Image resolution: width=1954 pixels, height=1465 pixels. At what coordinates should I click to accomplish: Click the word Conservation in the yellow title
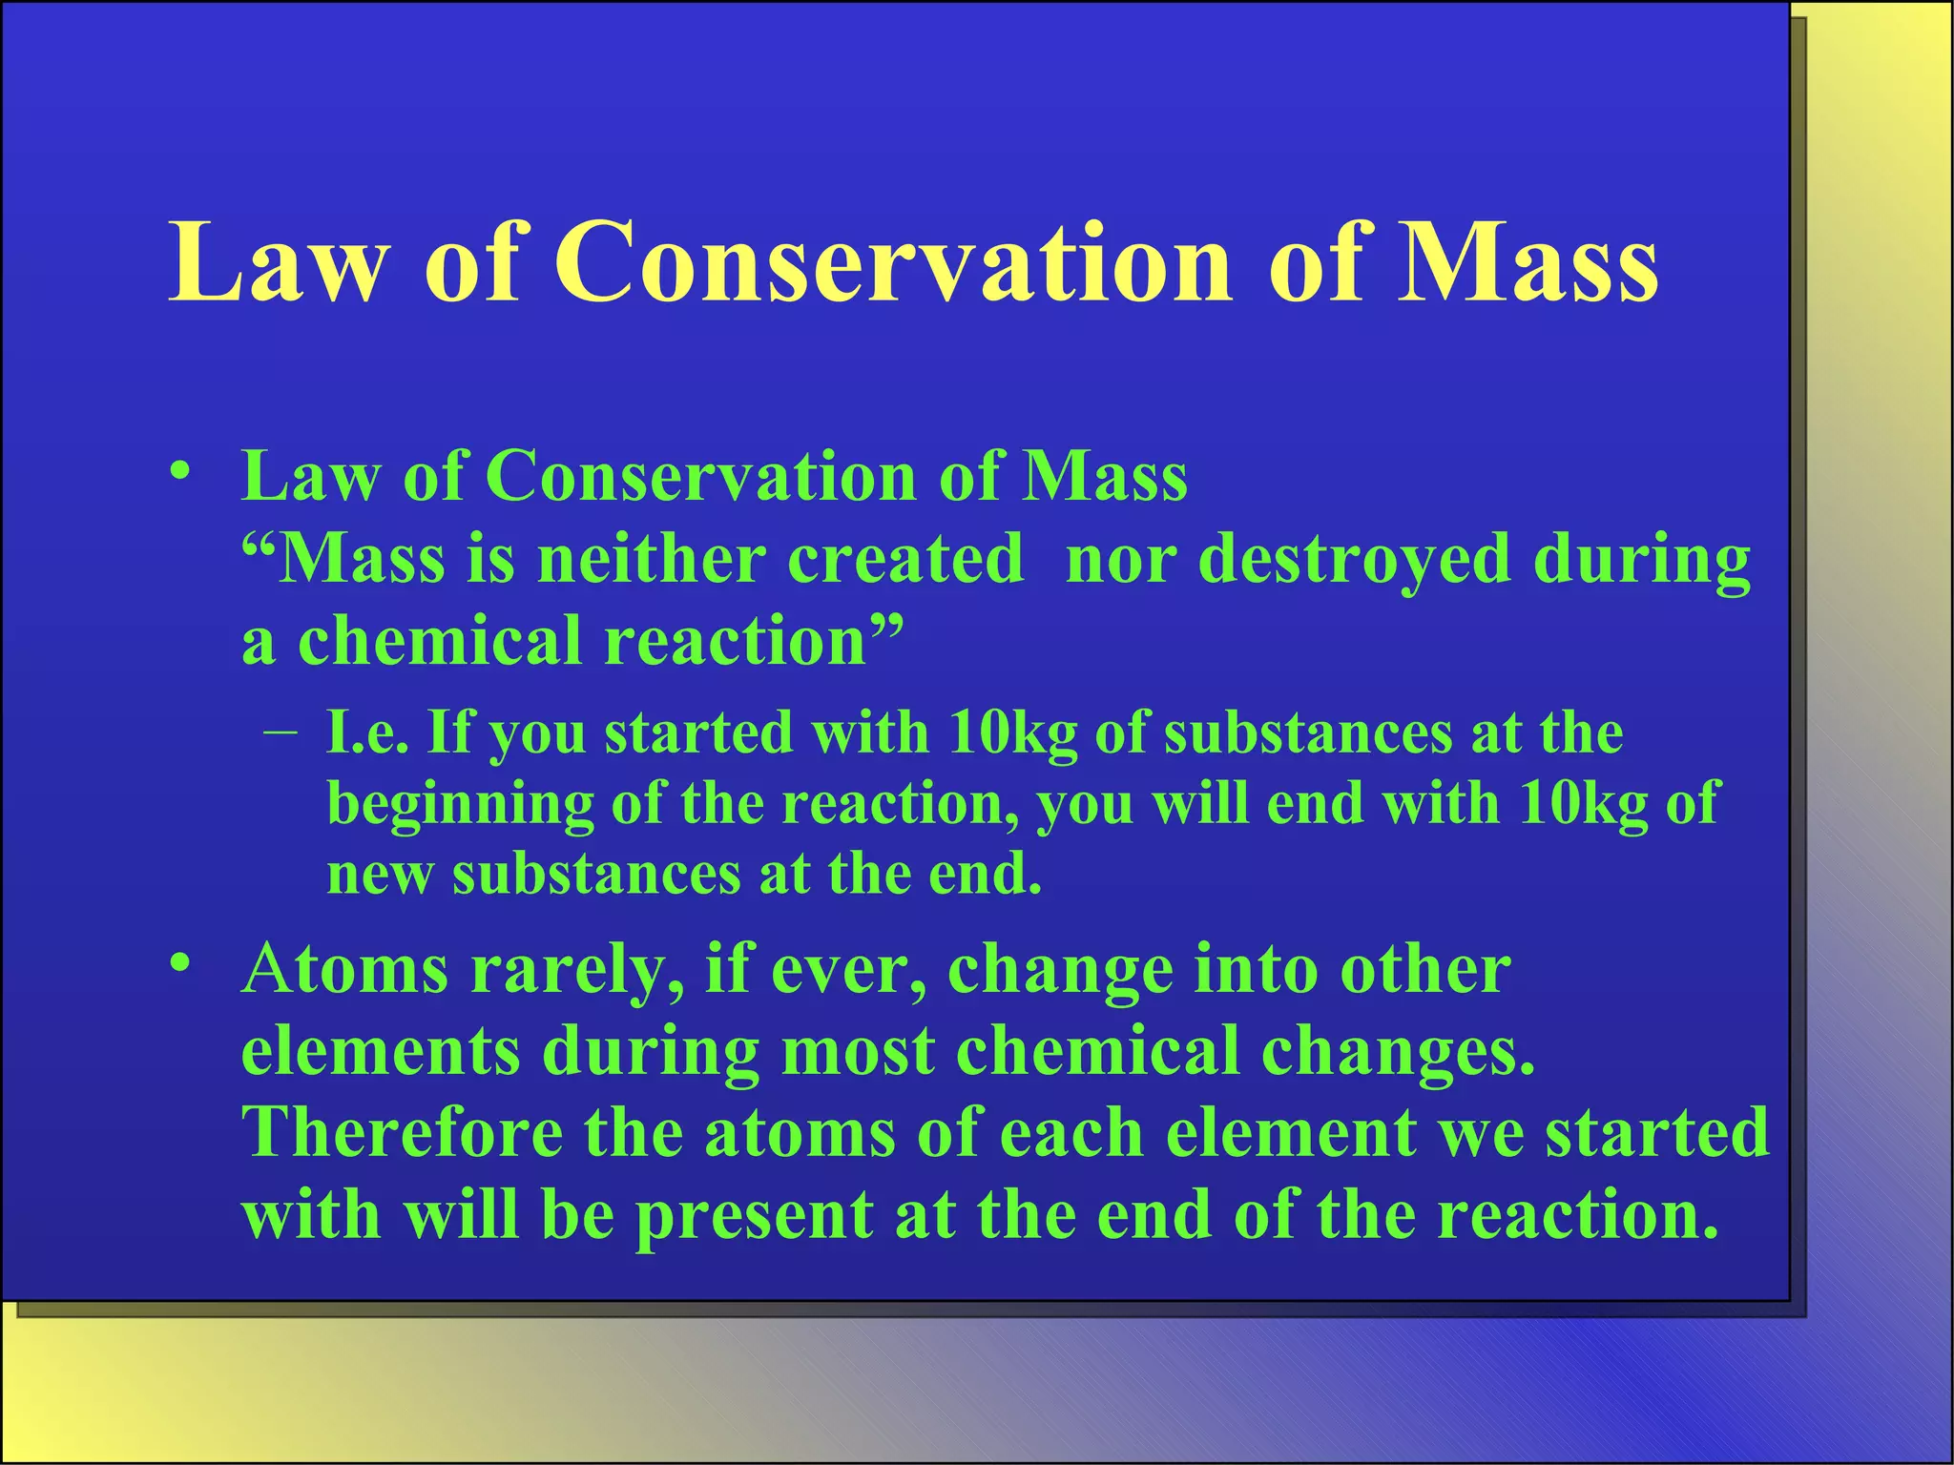coord(894,262)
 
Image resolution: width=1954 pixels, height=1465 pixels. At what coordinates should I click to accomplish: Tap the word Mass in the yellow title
coord(1528,262)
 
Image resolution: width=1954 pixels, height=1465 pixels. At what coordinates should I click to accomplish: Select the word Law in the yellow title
coord(279,262)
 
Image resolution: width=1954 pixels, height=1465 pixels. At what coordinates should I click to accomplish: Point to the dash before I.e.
coord(280,733)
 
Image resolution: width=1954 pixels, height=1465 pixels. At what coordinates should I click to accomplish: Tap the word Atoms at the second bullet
coord(344,969)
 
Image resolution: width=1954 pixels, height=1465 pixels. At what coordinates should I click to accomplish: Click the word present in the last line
coord(754,1217)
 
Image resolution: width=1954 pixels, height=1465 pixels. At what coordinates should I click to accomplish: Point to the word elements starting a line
coord(381,1051)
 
